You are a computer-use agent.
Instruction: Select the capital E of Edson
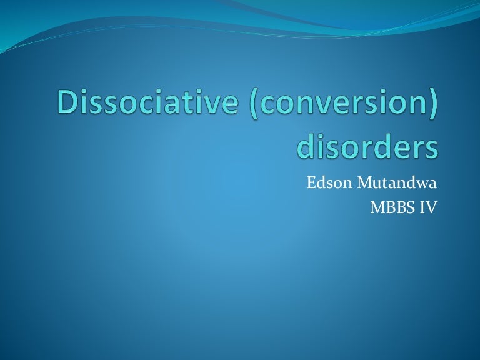pos(311,184)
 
